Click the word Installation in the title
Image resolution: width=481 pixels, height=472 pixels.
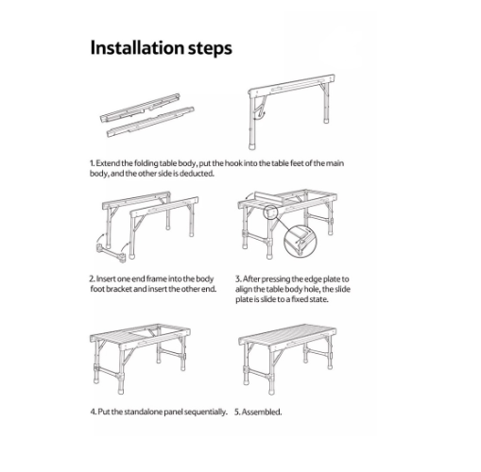point(137,48)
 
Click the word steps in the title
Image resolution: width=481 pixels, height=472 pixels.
point(210,49)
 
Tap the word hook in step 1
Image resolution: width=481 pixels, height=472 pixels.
point(232,163)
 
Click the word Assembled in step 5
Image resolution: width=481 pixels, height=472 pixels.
point(261,412)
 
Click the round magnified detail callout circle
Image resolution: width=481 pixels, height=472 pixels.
point(301,241)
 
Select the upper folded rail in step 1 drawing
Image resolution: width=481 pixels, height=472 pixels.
point(140,108)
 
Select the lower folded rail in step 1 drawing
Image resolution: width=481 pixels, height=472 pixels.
point(150,122)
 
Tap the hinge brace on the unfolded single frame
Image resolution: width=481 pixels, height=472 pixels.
point(260,107)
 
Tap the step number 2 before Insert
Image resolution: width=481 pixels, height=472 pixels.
point(92,279)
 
